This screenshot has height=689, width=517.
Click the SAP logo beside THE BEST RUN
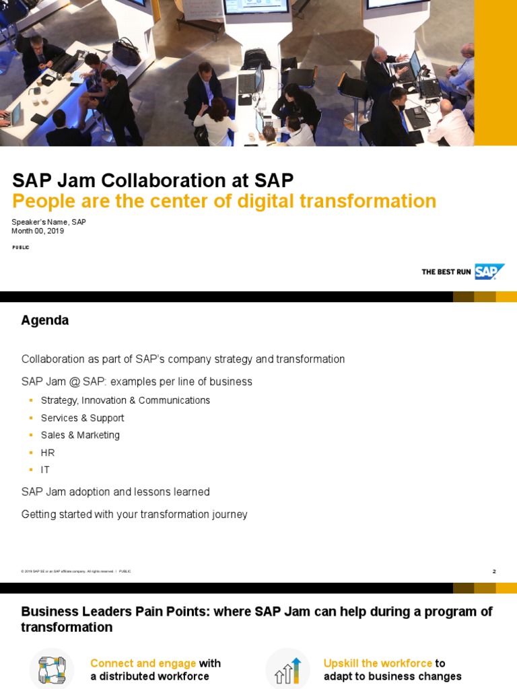coord(489,272)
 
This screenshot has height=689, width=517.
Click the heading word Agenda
coord(45,320)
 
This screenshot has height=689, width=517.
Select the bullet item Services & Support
coord(82,418)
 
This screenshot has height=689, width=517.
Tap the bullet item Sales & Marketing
coord(80,435)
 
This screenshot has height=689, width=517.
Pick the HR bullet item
coord(48,453)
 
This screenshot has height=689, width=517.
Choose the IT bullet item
coord(45,470)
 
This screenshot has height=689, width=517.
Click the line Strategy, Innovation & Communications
coord(125,400)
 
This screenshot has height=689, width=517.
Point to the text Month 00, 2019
coord(38,231)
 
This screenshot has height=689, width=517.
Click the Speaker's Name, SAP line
coord(48,222)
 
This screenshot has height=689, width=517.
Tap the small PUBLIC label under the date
coord(21,248)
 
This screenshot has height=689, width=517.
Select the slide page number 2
coord(494,571)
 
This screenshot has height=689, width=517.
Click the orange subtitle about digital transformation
coord(224,201)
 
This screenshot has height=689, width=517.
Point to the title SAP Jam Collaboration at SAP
coord(153,180)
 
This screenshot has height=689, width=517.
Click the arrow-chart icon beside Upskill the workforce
coord(287,669)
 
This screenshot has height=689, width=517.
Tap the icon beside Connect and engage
coord(51,669)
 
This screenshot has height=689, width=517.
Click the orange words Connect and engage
coord(143,663)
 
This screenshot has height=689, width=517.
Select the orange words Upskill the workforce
coord(378,663)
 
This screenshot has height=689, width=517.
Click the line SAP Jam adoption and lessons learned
coord(116,492)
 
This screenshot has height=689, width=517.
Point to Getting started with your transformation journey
coord(135,514)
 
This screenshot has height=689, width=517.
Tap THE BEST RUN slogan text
coord(446,272)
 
